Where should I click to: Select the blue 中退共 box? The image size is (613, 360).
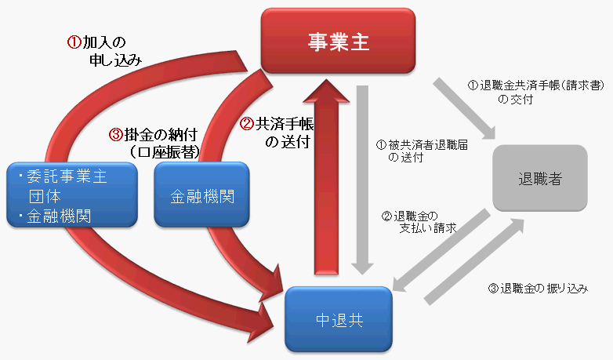click(338, 319)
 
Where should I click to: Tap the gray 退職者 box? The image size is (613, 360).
click(540, 179)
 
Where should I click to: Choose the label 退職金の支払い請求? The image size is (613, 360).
click(419, 221)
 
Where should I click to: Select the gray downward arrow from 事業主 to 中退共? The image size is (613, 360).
click(361, 180)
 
